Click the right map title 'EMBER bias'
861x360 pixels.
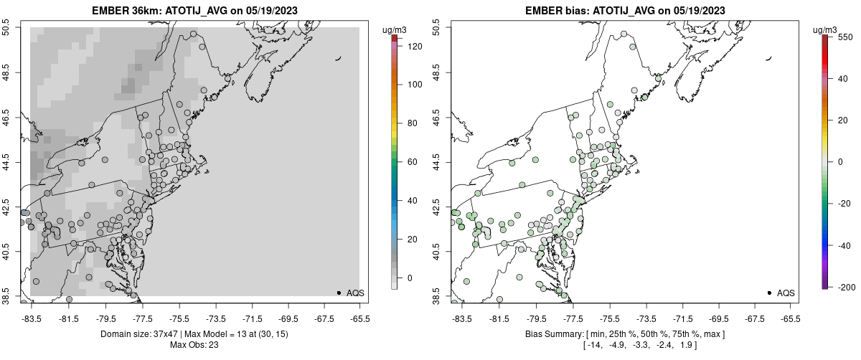(554, 11)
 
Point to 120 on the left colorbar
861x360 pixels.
(414, 46)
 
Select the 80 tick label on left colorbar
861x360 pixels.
(412, 123)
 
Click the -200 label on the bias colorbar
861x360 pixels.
(847, 287)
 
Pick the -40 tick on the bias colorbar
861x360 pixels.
(844, 245)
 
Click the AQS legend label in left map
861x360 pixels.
(355, 293)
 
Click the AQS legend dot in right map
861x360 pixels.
(769, 293)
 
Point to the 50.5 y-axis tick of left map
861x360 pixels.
(6, 28)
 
